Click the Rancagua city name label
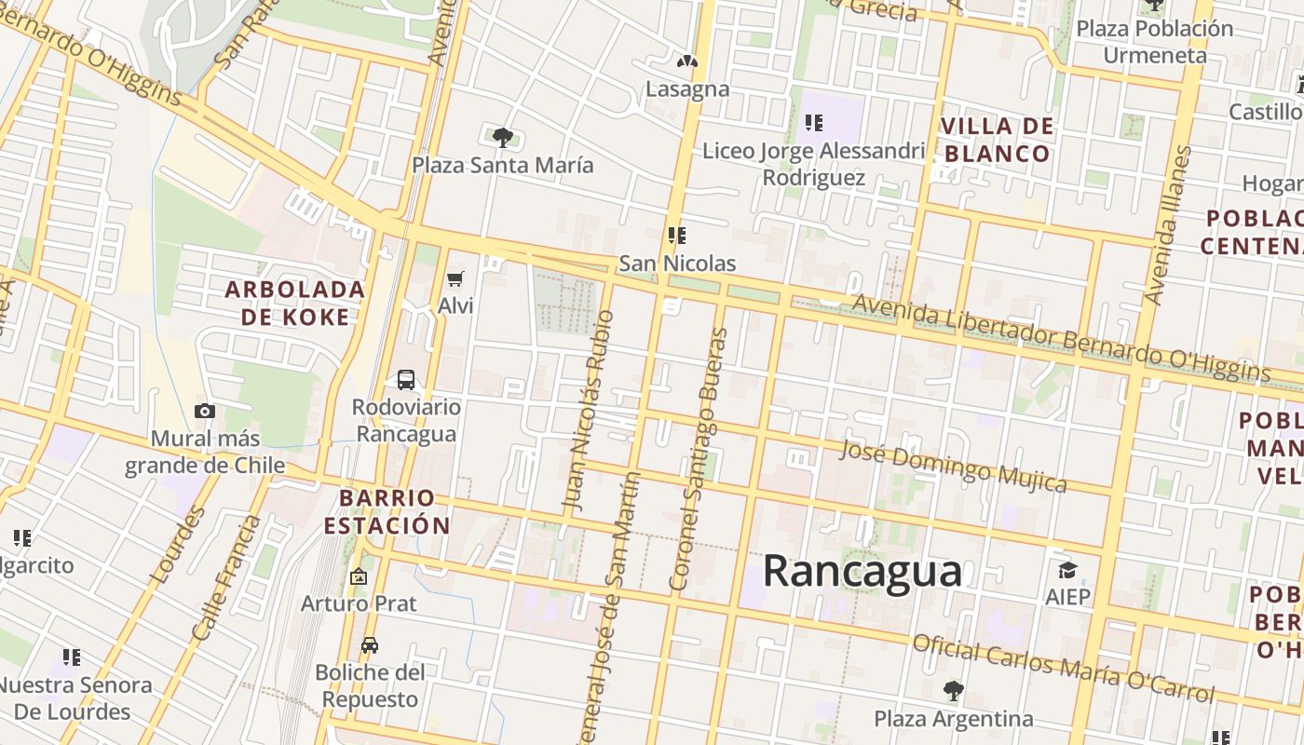point(862,570)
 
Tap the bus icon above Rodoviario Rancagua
point(406,380)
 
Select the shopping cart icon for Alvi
point(455,278)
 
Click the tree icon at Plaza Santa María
point(503,139)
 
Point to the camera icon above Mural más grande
point(205,411)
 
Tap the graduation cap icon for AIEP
point(1067,570)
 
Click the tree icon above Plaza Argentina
point(953,691)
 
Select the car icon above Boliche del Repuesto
point(370,645)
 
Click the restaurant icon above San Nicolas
point(677,236)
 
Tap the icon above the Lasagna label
point(687,62)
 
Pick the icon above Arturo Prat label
point(359,577)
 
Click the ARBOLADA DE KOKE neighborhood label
point(295,303)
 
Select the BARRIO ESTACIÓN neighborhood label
point(387,511)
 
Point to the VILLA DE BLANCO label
point(998,140)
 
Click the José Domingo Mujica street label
point(953,466)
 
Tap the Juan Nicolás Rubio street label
point(589,411)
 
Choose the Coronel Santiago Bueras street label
point(699,459)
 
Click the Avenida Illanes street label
point(1168,225)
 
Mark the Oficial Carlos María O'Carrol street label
point(1063,668)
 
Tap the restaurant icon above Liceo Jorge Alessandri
point(814,122)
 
